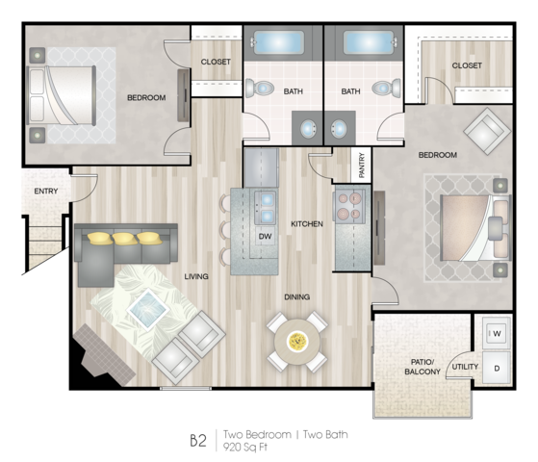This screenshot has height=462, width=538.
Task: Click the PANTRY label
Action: tap(362, 166)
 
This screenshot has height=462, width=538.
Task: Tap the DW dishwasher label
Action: tap(265, 236)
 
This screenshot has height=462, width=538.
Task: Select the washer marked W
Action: tap(497, 333)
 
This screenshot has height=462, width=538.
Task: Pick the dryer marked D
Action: tap(497, 368)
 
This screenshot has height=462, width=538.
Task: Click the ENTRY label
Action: tap(46, 192)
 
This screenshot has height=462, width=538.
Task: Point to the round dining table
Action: tap(297, 342)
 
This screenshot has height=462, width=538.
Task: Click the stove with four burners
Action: tap(349, 205)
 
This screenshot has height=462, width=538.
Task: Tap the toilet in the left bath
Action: tap(260, 89)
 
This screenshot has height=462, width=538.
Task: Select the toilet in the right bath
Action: tap(386, 89)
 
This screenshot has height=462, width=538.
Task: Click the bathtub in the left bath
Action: tap(278, 42)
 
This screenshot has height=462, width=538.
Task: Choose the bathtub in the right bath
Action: tap(369, 42)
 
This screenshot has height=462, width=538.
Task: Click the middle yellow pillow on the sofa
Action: tap(125, 239)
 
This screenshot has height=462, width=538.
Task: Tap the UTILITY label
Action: tap(465, 367)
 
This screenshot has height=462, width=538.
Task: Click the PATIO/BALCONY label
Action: tap(423, 367)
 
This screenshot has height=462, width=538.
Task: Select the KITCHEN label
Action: tap(307, 224)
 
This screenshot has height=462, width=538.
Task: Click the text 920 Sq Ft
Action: tap(245, 447)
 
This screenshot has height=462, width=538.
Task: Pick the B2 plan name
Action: tap(198, 441)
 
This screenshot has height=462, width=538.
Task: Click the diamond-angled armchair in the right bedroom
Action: tap(487, 131)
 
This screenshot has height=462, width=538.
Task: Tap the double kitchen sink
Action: tap(267, 207)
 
